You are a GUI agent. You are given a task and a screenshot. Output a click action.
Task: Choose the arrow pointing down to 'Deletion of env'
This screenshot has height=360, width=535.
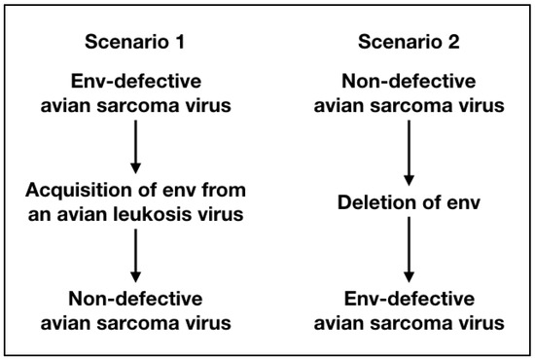(x=409, y=147)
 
